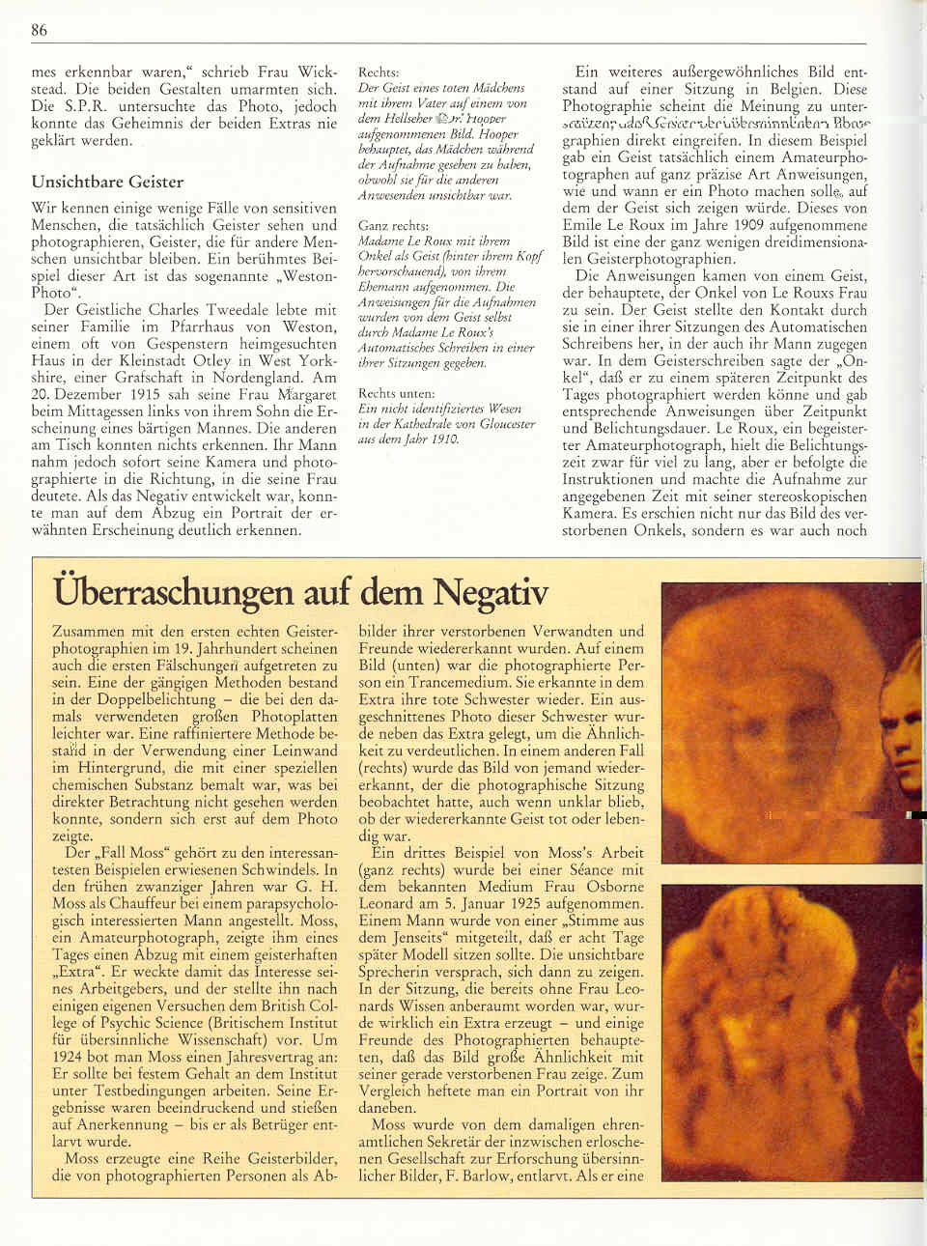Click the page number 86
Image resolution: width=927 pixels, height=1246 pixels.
click(x=39, y=30)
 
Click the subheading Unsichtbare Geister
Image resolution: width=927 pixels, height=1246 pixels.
click(x=107, y=181)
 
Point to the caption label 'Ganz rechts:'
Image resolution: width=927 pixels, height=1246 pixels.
click(x=388, y=223)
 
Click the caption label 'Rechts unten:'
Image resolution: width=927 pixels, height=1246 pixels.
click(x=396, y=394)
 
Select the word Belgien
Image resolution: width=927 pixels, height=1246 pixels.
click(x=835, y=89)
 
